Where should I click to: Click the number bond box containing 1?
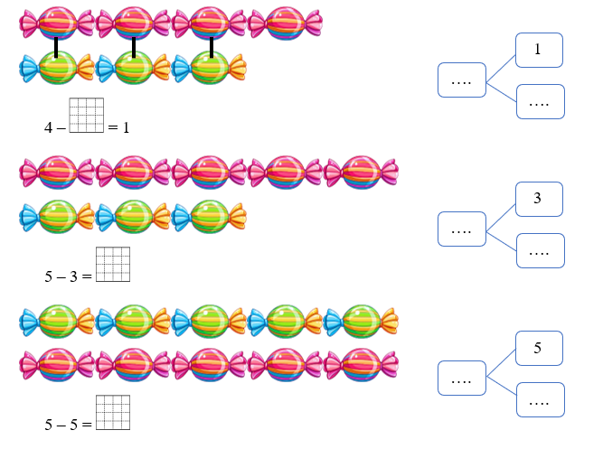(539, 50)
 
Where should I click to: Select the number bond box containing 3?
(539, 199)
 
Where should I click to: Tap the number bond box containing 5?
(539, 348)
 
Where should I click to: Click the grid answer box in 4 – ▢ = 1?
(86, 115)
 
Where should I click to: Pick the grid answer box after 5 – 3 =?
(112, 264)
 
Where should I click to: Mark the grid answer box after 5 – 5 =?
(112, 413)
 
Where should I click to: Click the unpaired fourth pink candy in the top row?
(285, 23)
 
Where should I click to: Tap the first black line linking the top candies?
(56, 46)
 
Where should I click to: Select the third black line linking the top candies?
(211, 46)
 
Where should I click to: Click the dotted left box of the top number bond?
(461, 80)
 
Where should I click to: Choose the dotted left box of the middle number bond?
(461, 229)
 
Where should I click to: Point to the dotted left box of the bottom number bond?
(461, 379)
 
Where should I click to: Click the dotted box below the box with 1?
(540, 101)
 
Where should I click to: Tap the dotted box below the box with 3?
(540, 250)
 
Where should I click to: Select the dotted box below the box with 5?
(540, 399)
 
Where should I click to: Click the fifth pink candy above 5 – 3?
(361, 172)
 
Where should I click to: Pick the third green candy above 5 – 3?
(209, 217)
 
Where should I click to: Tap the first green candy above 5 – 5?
(57, 321)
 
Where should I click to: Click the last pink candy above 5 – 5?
(361, 366)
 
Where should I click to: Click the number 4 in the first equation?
(48, 127)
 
